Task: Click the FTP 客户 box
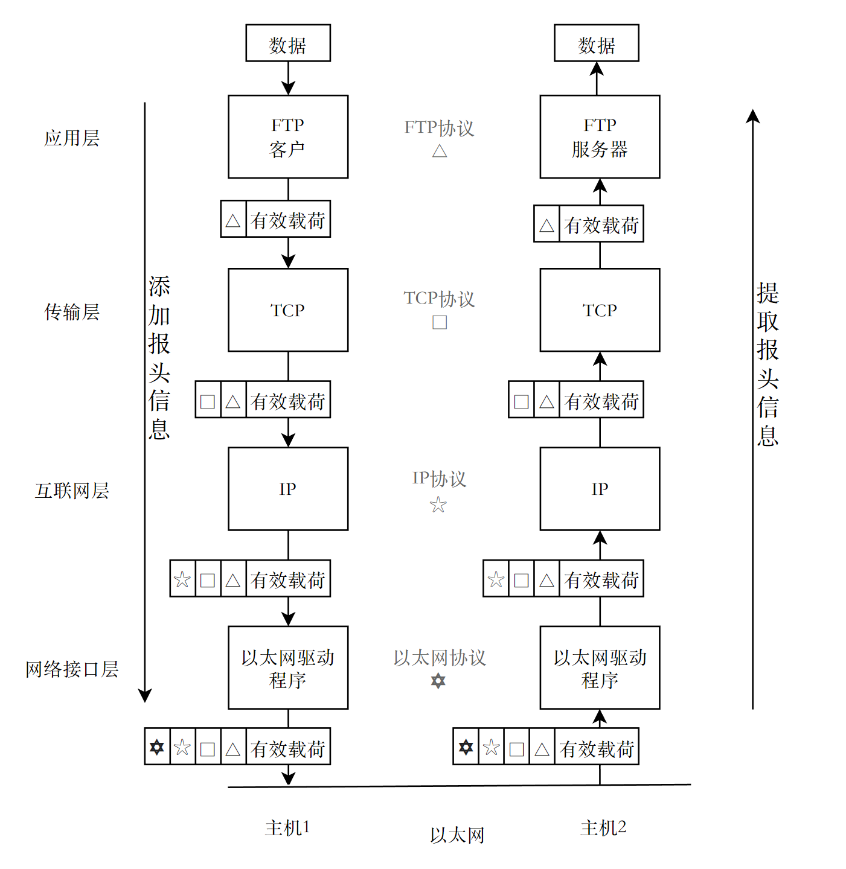287,136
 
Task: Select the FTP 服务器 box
599,136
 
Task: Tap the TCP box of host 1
287,310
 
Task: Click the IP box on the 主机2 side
599,488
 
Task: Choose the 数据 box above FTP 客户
287,43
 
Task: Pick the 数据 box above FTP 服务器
596,43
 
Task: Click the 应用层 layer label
71,138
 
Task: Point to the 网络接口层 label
71,669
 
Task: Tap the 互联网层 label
71,491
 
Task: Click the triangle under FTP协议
440,151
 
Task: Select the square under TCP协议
440,322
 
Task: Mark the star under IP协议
438,505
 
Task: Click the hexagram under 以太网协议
438,681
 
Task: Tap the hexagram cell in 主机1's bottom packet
157,747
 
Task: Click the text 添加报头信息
159,357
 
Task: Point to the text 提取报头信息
767,364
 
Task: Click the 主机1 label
287,827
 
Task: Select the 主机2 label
603,827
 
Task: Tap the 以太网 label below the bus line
457,835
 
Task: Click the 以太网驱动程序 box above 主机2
599,667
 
